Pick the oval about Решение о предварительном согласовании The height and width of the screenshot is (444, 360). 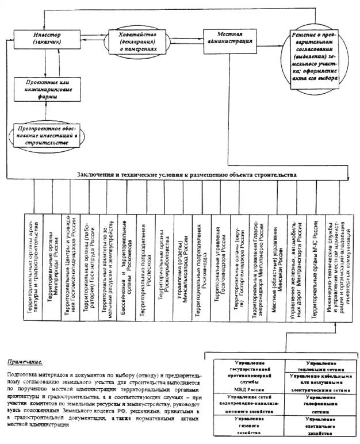pos(315,55)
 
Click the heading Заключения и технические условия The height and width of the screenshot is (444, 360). pos(187,173)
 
